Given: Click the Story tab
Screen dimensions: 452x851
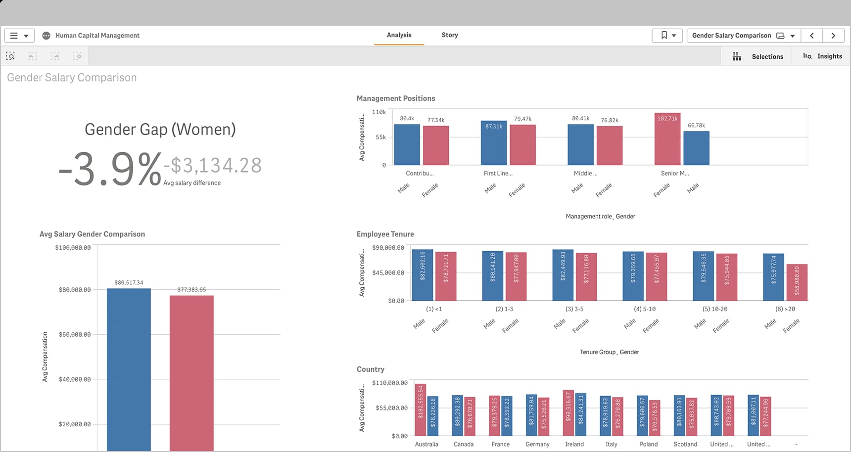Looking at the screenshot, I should click(x=449, y=35).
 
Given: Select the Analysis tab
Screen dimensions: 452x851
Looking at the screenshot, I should click(x=399, y=35).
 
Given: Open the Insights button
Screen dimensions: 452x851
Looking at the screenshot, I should click(x=822, y=56).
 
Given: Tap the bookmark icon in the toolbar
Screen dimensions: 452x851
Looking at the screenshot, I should click(x=664, y=36).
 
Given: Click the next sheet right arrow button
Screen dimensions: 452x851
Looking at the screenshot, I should click(x=833, y=36).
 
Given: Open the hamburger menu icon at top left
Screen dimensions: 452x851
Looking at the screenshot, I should click(x=14, y=36).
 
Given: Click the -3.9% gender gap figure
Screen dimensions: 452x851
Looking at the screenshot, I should click(x=110, y=169).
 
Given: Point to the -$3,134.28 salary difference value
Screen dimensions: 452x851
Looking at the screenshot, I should click(x=213, y=165).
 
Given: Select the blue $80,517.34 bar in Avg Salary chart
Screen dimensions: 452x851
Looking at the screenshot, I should click(x=129, y=368).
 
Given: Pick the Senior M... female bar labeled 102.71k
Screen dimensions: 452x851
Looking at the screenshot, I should click(x=667, y=141).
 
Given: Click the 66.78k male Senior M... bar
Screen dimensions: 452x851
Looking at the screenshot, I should click(x=696, y=148).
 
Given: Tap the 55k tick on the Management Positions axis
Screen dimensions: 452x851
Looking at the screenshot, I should click(x=380, y=137).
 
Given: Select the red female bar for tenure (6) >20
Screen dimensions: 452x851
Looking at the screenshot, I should click(x=797, y=282).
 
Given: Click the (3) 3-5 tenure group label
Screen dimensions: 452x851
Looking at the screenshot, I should click(x=574, y=309).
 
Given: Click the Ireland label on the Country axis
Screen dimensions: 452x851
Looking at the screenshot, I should click(x=574, y=444).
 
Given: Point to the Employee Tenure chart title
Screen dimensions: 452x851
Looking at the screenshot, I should click(x=385, y=234).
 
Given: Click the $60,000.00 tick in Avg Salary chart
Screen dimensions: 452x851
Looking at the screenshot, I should click(x=75, y=334).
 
